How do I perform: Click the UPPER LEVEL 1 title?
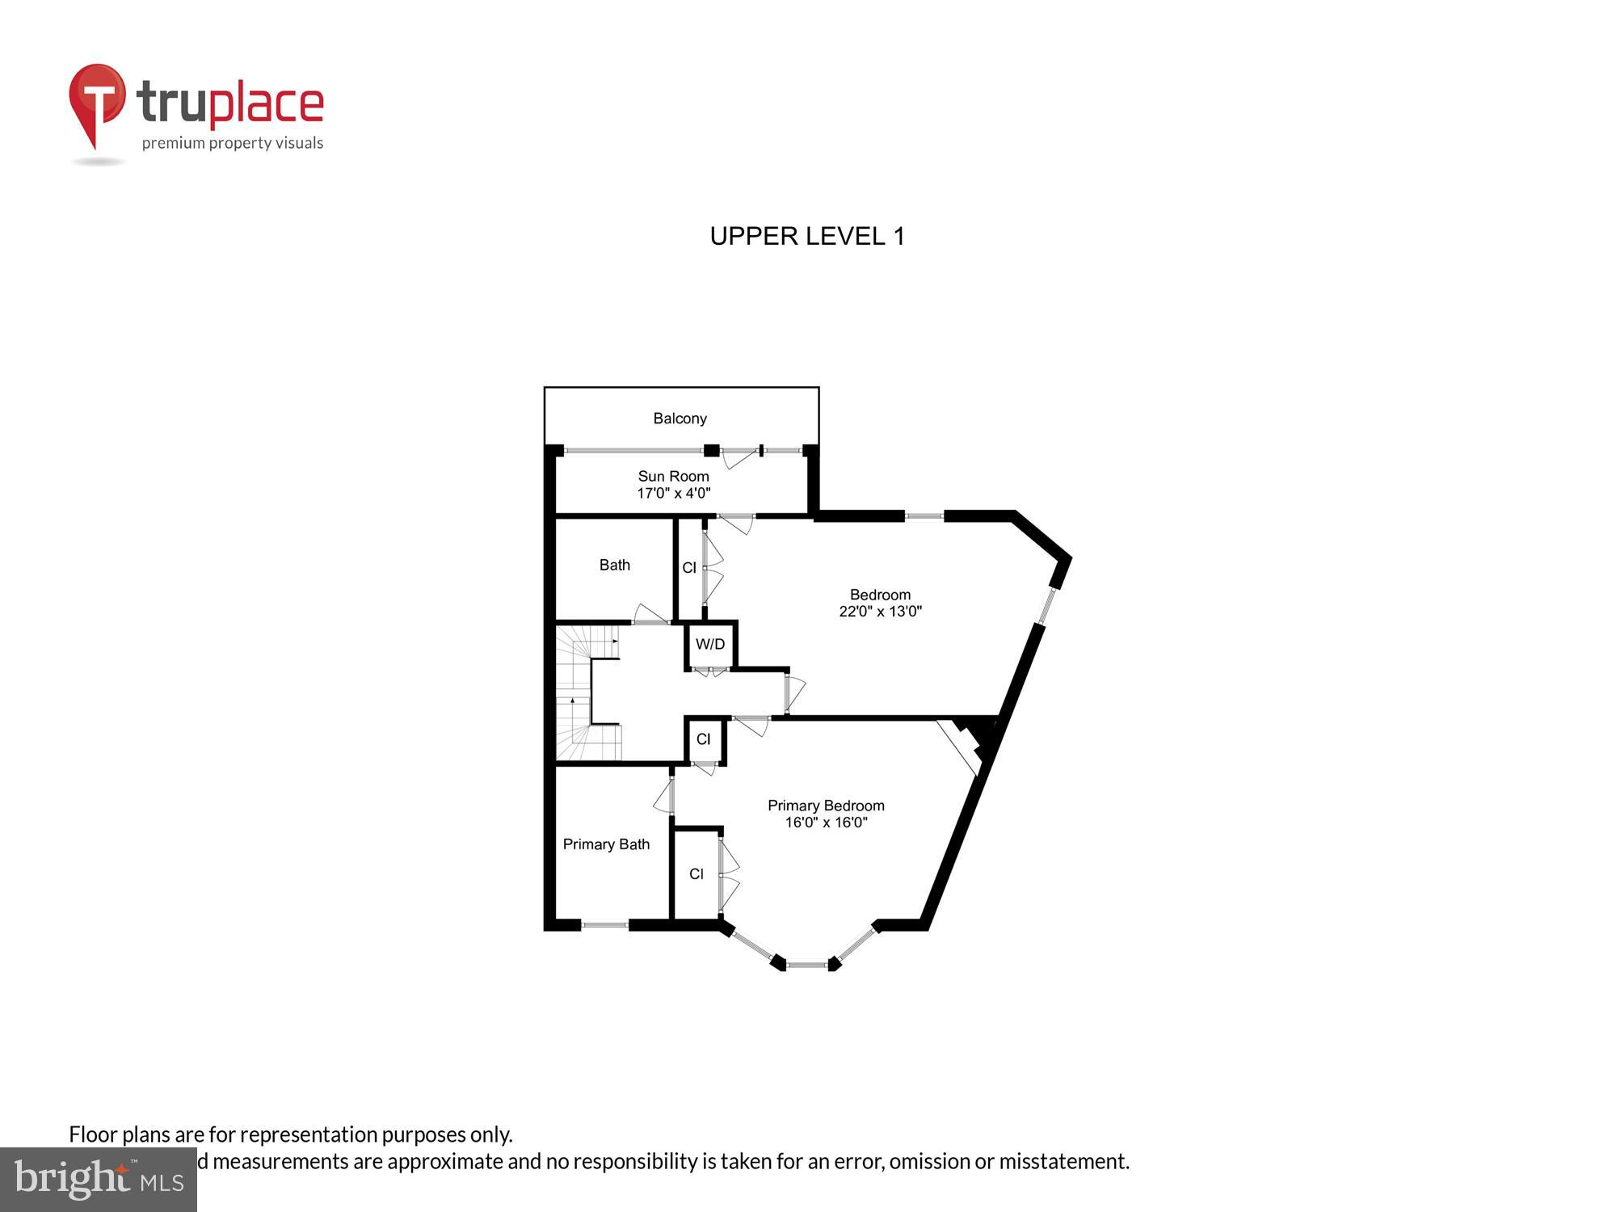pos(806,236)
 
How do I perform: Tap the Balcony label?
pos(680,419)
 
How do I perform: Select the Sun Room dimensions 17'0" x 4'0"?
pos(673,493)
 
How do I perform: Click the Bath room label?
pos(614,565)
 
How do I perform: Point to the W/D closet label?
pos(710,644)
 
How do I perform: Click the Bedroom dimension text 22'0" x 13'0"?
pos(880,612)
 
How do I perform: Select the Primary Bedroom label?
pos(825,806)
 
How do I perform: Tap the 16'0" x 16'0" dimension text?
pos(826,823)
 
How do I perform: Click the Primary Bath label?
pos(606,844)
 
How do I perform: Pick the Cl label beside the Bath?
pos(689,568)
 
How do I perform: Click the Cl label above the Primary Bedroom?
pos(703,739)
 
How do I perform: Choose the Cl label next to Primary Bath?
pos(696,874)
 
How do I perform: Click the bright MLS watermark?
pos(98,1180)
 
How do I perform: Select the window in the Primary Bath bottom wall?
pos(604,925)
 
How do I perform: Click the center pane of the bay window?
pos(806,964)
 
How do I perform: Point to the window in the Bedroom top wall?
pos(924,516)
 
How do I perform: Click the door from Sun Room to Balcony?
pos(740,457)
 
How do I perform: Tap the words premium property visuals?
pos(233,144)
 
